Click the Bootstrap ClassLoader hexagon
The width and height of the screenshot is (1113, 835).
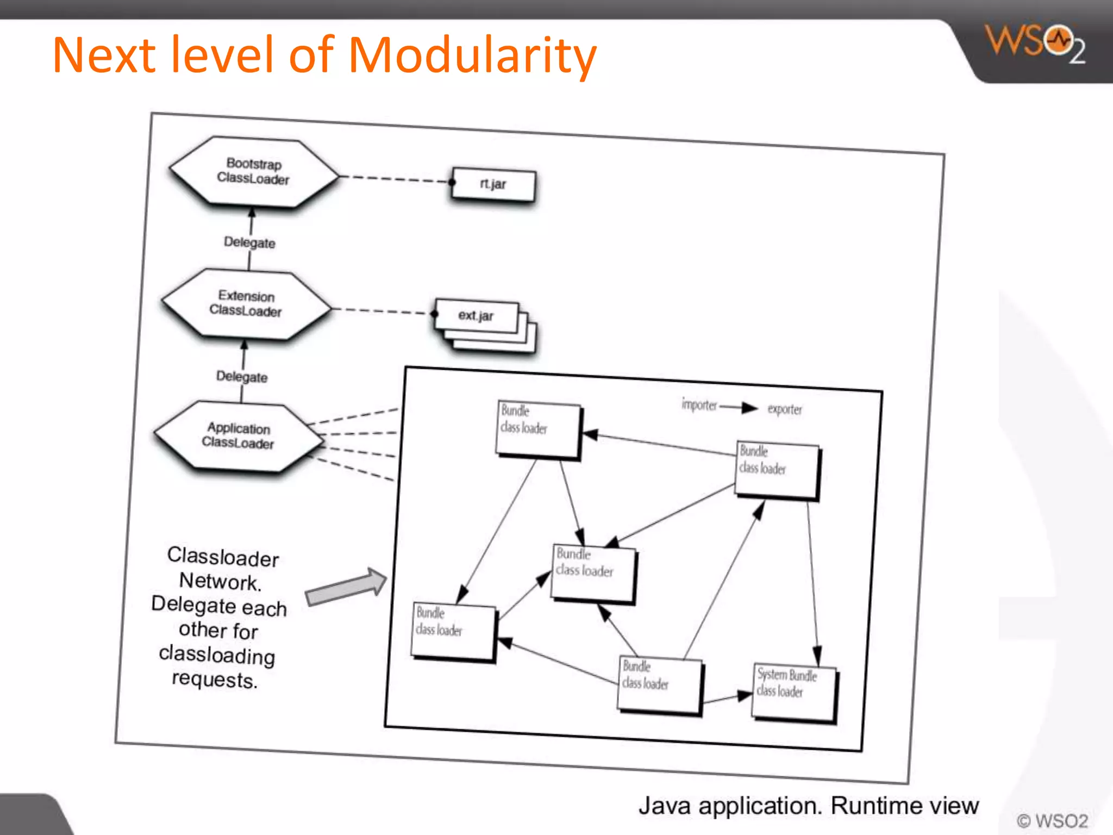(x=253, y=172)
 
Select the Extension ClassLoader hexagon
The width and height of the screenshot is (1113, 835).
(x=246, y=304)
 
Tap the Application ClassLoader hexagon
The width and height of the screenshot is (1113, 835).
(x=239, y=436)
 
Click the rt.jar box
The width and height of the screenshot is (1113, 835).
(x=493, y=185)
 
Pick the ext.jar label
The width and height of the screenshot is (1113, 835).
(x=476, y=316)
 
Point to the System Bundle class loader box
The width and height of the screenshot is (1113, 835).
(x=793, y=691)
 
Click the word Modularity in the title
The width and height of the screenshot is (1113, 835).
(x=472, y=55)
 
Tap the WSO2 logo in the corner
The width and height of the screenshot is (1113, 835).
(x=1036, y=43)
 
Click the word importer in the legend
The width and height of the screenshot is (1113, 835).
(x=699, y=405)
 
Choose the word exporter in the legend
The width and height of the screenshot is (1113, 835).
(x=784, y=409)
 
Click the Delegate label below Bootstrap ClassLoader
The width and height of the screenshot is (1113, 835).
(x=249, y=242)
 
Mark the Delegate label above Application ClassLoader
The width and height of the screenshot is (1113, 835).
(x=242, y=377)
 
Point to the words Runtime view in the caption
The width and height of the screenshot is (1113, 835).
(x=904, y=806)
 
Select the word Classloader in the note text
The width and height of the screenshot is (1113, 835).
(x=223, y=557)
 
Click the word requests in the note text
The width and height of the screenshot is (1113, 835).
(x=214, y=680)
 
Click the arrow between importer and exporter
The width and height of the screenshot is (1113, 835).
(x=739, y=407)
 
